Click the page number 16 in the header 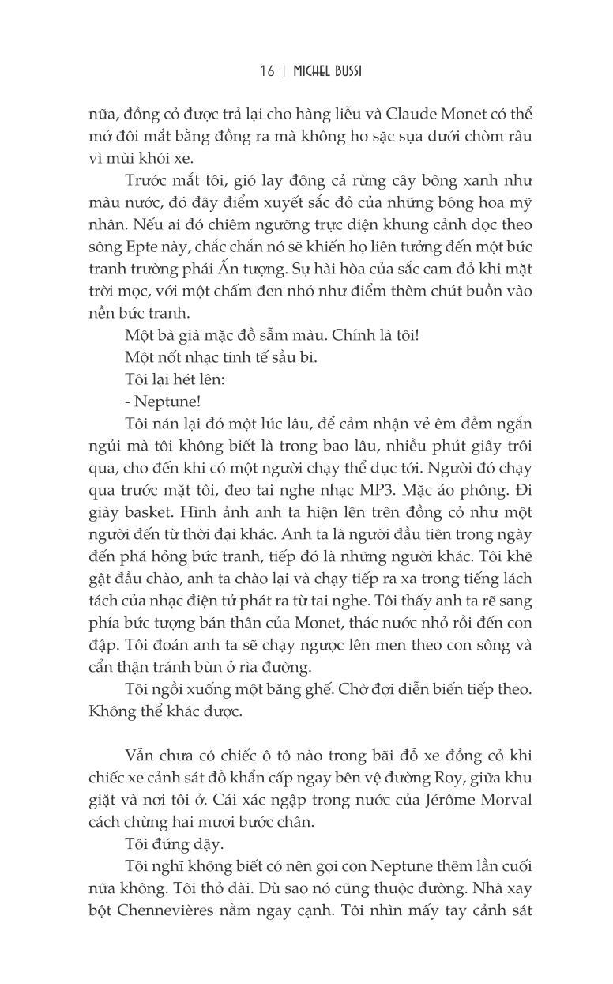pyautogui.click(x=267, y=72)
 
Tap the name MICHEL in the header pyautogui.click(x=311, y=72)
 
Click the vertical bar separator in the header pyautogui.click(x=283, y=72)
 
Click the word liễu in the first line pyautogui.click(x=364, y=114)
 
